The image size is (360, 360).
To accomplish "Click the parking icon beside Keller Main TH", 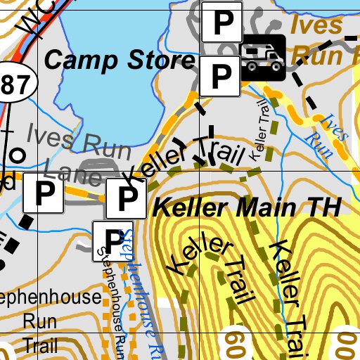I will (126, 199).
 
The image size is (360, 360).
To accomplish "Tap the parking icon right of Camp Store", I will (221, 76).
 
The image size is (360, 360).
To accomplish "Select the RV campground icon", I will (264, 56).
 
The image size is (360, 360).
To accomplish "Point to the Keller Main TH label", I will (247, 208).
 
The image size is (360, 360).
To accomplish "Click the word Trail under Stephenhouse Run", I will (39, 345).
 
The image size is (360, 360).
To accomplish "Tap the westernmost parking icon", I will (44, 193).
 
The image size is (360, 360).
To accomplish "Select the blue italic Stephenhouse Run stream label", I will (137, 288).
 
